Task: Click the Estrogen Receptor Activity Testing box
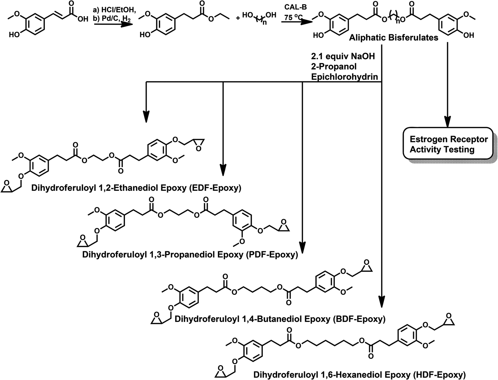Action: click(x=448, y=144)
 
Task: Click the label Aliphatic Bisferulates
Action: click(x=394, y=38)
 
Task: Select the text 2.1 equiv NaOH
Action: click(x=343, y=56)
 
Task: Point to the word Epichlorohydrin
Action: click(x=344, y=77)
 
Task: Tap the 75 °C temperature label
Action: click(x=292, y=17)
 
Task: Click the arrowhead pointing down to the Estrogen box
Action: click(x=448, y=122)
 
